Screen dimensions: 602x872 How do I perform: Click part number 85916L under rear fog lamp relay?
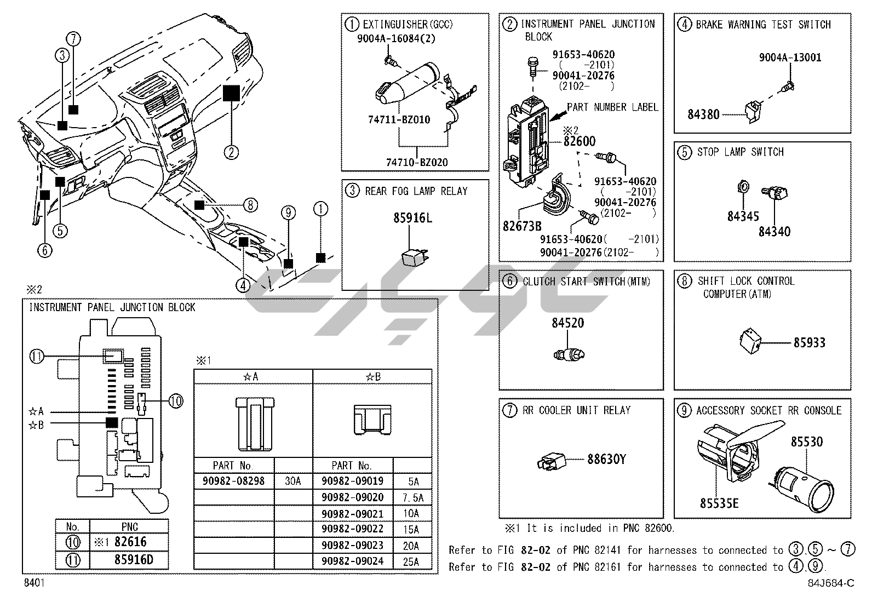point(412,218)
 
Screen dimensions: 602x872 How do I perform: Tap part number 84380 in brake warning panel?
point(704,114)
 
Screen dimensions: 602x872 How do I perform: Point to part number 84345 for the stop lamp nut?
point(743,216)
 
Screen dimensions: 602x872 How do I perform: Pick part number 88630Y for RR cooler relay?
point(606,459)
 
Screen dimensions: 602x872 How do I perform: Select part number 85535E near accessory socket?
point(719,502)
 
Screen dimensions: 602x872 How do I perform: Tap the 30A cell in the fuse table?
point(293,481)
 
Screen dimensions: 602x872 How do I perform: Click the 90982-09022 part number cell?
point(352,529)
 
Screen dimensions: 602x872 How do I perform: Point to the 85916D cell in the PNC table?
point(129,560)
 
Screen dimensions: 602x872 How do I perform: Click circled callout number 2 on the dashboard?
point(231,152)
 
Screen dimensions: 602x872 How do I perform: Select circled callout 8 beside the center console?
point(250,205)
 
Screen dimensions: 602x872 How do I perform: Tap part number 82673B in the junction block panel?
point(522,225)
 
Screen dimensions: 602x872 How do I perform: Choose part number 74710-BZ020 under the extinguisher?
point(417,162)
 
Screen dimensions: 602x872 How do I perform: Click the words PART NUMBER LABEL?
point(612,107)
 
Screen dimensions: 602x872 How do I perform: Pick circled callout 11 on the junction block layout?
point(37,357)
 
